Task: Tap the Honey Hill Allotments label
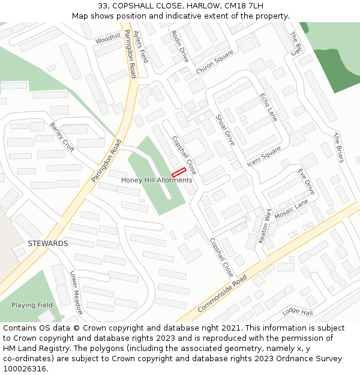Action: click(x=157, y=180)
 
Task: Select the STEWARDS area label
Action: click(x=48, y=244)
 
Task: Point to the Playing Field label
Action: click(x=32, y=305)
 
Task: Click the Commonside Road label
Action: click(x=222, y=294)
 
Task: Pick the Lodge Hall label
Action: click(x=298, y=313)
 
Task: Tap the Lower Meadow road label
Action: click(x=76, y=292)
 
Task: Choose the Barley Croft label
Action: click(x=62, y=137)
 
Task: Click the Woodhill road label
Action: click(x=107, y=38)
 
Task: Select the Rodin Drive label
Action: click(x=180, y=46)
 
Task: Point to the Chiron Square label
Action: click(x=215, y=62)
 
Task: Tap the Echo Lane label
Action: click(x=268, y=107)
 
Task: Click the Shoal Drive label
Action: click(x=225, y=130)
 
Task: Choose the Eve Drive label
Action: click(x=306, y=181)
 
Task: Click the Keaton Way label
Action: click(x=265, y=226)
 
